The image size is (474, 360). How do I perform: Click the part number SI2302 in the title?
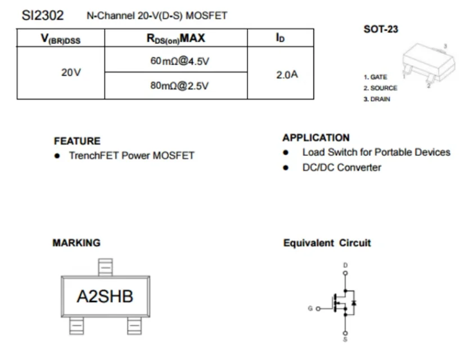[x=43, y=15]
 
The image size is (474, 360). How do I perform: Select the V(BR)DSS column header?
[x=61, y=39]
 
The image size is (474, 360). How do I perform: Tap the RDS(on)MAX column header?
[x=175, y=38]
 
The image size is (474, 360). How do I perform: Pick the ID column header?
[x=280, y=38]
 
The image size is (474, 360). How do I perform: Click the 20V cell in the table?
[x=71, y=73]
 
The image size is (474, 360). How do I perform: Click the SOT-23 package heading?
[x=381, y=29]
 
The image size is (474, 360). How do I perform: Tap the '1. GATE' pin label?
[x=375, y=77]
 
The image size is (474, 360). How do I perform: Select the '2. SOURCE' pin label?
[x=380, y=88]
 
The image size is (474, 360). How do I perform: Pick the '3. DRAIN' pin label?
[x=376, y=99]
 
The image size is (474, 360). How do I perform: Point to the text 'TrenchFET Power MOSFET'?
[x=132, y=155]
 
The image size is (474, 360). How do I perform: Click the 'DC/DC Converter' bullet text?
[x=341, y=167]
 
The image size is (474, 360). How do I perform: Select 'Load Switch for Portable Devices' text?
[x=376, y=152]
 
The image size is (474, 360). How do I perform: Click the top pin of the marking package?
[x=105, y=267]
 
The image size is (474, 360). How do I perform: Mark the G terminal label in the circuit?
[x=310, y=308]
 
